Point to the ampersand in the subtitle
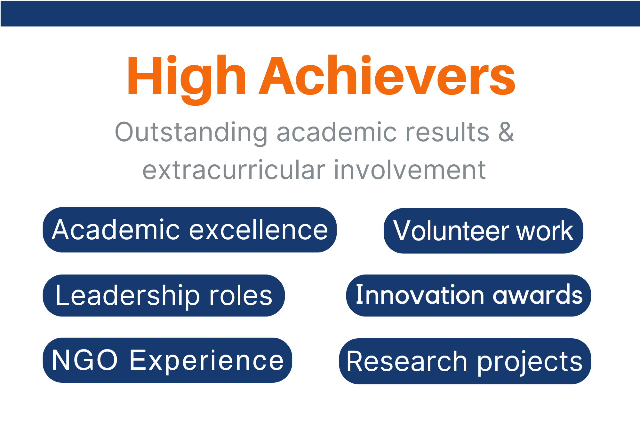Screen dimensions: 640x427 point(506,132)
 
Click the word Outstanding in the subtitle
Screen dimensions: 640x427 point(191,133)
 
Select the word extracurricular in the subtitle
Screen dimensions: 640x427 point(234,170)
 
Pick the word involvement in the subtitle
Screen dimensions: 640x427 point(410,170)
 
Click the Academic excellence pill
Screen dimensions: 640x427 point(190,230)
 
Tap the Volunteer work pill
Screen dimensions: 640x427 point(483,231)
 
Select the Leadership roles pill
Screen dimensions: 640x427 point(164,295)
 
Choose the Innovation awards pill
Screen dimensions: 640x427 point(468,295)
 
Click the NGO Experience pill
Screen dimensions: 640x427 point(167,360)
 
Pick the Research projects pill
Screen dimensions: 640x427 point(465,361)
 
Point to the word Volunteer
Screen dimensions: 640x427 point(452,231)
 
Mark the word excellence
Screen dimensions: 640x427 point(259,230)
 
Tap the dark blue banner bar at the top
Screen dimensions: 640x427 point(320,13)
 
